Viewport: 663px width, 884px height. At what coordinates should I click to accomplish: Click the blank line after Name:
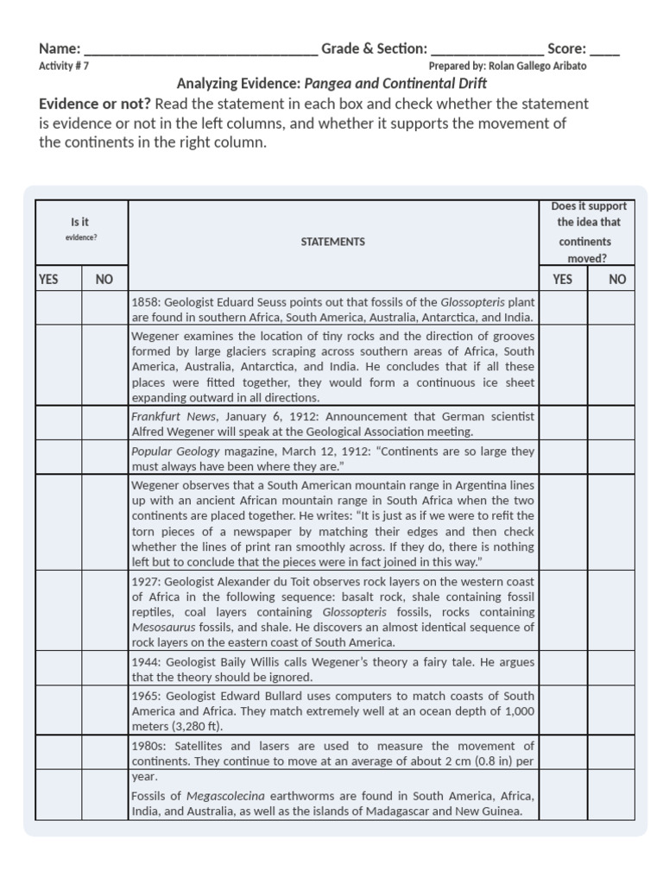(x=200, y=50)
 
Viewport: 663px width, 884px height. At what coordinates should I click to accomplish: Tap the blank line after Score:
(x=605, y=50)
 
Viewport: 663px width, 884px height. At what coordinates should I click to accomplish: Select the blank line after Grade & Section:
(x=487, y=50)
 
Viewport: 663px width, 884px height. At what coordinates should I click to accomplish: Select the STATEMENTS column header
(x=332, y=242)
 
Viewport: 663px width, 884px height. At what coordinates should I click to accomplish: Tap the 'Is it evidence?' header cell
(x=80, y=229)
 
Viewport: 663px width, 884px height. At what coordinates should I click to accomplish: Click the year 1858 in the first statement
(x=145, y=302)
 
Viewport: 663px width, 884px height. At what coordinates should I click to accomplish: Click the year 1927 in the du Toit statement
(x=145, y=582)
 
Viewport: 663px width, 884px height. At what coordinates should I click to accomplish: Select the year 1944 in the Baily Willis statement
(x=145, y=662)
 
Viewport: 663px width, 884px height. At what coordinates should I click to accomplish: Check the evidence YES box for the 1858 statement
(x=58, y=309)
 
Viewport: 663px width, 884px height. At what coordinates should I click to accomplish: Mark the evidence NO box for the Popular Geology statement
(x=104, y=458)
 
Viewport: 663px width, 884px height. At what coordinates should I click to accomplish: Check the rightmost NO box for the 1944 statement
(x=611, y=669)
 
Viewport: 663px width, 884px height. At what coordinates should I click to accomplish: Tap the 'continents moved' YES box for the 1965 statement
(x=564, y=710)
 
